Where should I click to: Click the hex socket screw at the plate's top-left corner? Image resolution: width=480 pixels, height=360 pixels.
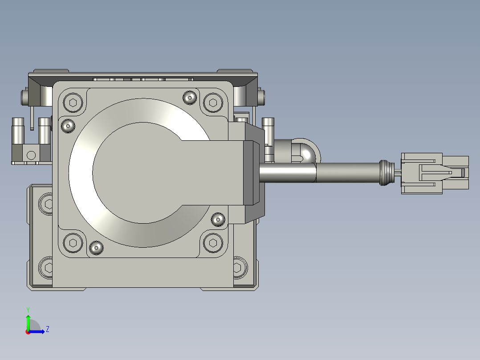(x=73, y=102)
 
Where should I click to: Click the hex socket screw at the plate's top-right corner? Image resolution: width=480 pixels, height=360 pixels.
(x=213, y=102)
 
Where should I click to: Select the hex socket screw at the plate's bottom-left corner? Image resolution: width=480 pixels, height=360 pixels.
(x=73, y=243)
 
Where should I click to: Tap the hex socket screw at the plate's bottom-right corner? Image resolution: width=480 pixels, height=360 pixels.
(x=213, y=243)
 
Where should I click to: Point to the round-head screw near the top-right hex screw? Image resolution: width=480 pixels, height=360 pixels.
(x=190, y=98)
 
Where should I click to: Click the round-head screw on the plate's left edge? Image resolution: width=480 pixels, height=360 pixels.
(x=68, y=126)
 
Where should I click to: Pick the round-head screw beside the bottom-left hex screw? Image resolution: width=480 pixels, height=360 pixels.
(x=96, y=248)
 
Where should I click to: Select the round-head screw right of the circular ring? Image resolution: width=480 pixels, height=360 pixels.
(x=218, y=219)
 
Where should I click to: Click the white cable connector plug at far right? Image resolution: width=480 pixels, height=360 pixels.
(x=435, y=173)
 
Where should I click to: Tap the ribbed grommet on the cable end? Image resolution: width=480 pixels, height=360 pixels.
(x=387, y=173)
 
